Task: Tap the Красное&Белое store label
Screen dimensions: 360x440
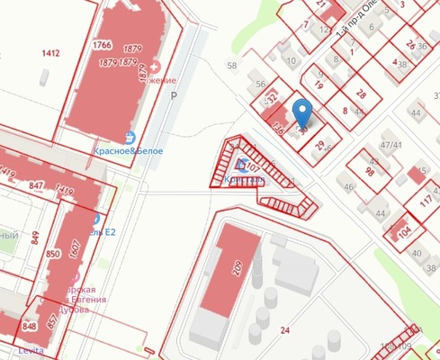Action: pos(128,151)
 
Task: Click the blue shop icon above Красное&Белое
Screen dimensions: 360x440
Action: pos(131,138)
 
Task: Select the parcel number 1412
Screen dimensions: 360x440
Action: pos(50,54)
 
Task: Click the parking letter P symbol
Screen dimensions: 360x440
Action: pos(175,94)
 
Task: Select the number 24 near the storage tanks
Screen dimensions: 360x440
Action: pos(285,331)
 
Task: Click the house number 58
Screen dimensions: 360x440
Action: pos(232,66)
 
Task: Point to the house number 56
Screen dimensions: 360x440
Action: pos(260,84)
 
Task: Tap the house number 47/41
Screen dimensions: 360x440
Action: pos(391,144)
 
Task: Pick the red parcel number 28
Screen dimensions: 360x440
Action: pos(361,94)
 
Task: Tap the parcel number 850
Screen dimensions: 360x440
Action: pos(52,256)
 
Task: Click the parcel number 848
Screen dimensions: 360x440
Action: pos(30,327)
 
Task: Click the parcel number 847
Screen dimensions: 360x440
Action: pos(36,185)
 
